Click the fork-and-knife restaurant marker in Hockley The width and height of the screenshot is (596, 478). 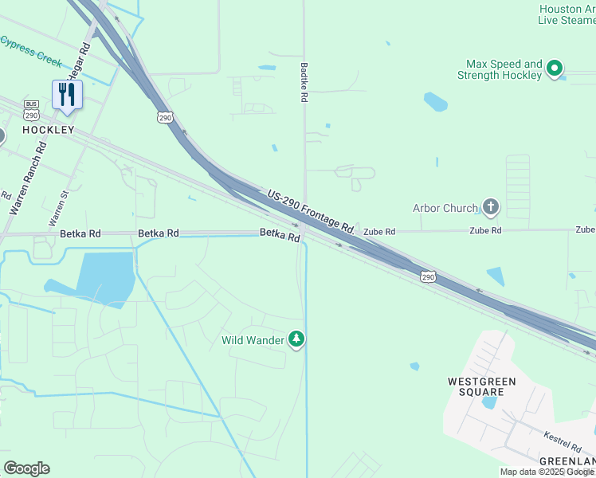click(66, 95)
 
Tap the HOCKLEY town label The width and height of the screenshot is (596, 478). click(49, 130)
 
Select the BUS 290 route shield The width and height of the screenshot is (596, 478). click(32, 108)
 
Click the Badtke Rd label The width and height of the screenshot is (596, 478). click(304, 83)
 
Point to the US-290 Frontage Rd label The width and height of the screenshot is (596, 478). click(311, 210)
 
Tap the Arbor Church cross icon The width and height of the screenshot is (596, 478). click(491, 209)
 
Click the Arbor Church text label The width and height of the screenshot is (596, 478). click(445, 209)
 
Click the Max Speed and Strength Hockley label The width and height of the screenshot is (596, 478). click(500, 70)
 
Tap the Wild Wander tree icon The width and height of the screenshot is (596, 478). click(296, 340)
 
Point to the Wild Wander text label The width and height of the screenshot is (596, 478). click(253, 341)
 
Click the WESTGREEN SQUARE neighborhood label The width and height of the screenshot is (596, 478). click(481, 386)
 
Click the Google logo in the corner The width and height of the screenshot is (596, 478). click(26, 468)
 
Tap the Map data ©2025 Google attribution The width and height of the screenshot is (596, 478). click(547, 472)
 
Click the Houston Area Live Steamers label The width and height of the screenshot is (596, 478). click(567, 14)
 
